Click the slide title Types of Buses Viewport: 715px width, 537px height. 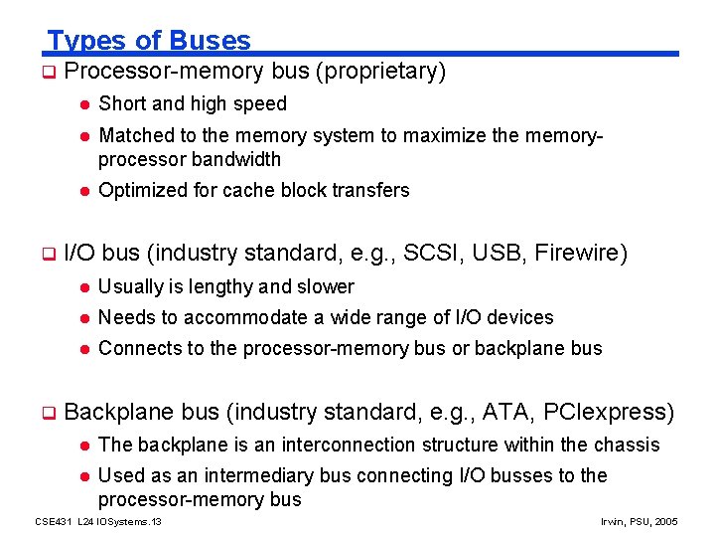coord(149,41)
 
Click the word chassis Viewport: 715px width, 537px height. coord(627,445)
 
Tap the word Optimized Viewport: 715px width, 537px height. coord(140,190)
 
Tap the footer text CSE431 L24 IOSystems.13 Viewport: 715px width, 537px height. coord(97,521)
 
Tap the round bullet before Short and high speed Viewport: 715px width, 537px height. coord(86,104)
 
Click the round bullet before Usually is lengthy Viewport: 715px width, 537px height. coord(86,287)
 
